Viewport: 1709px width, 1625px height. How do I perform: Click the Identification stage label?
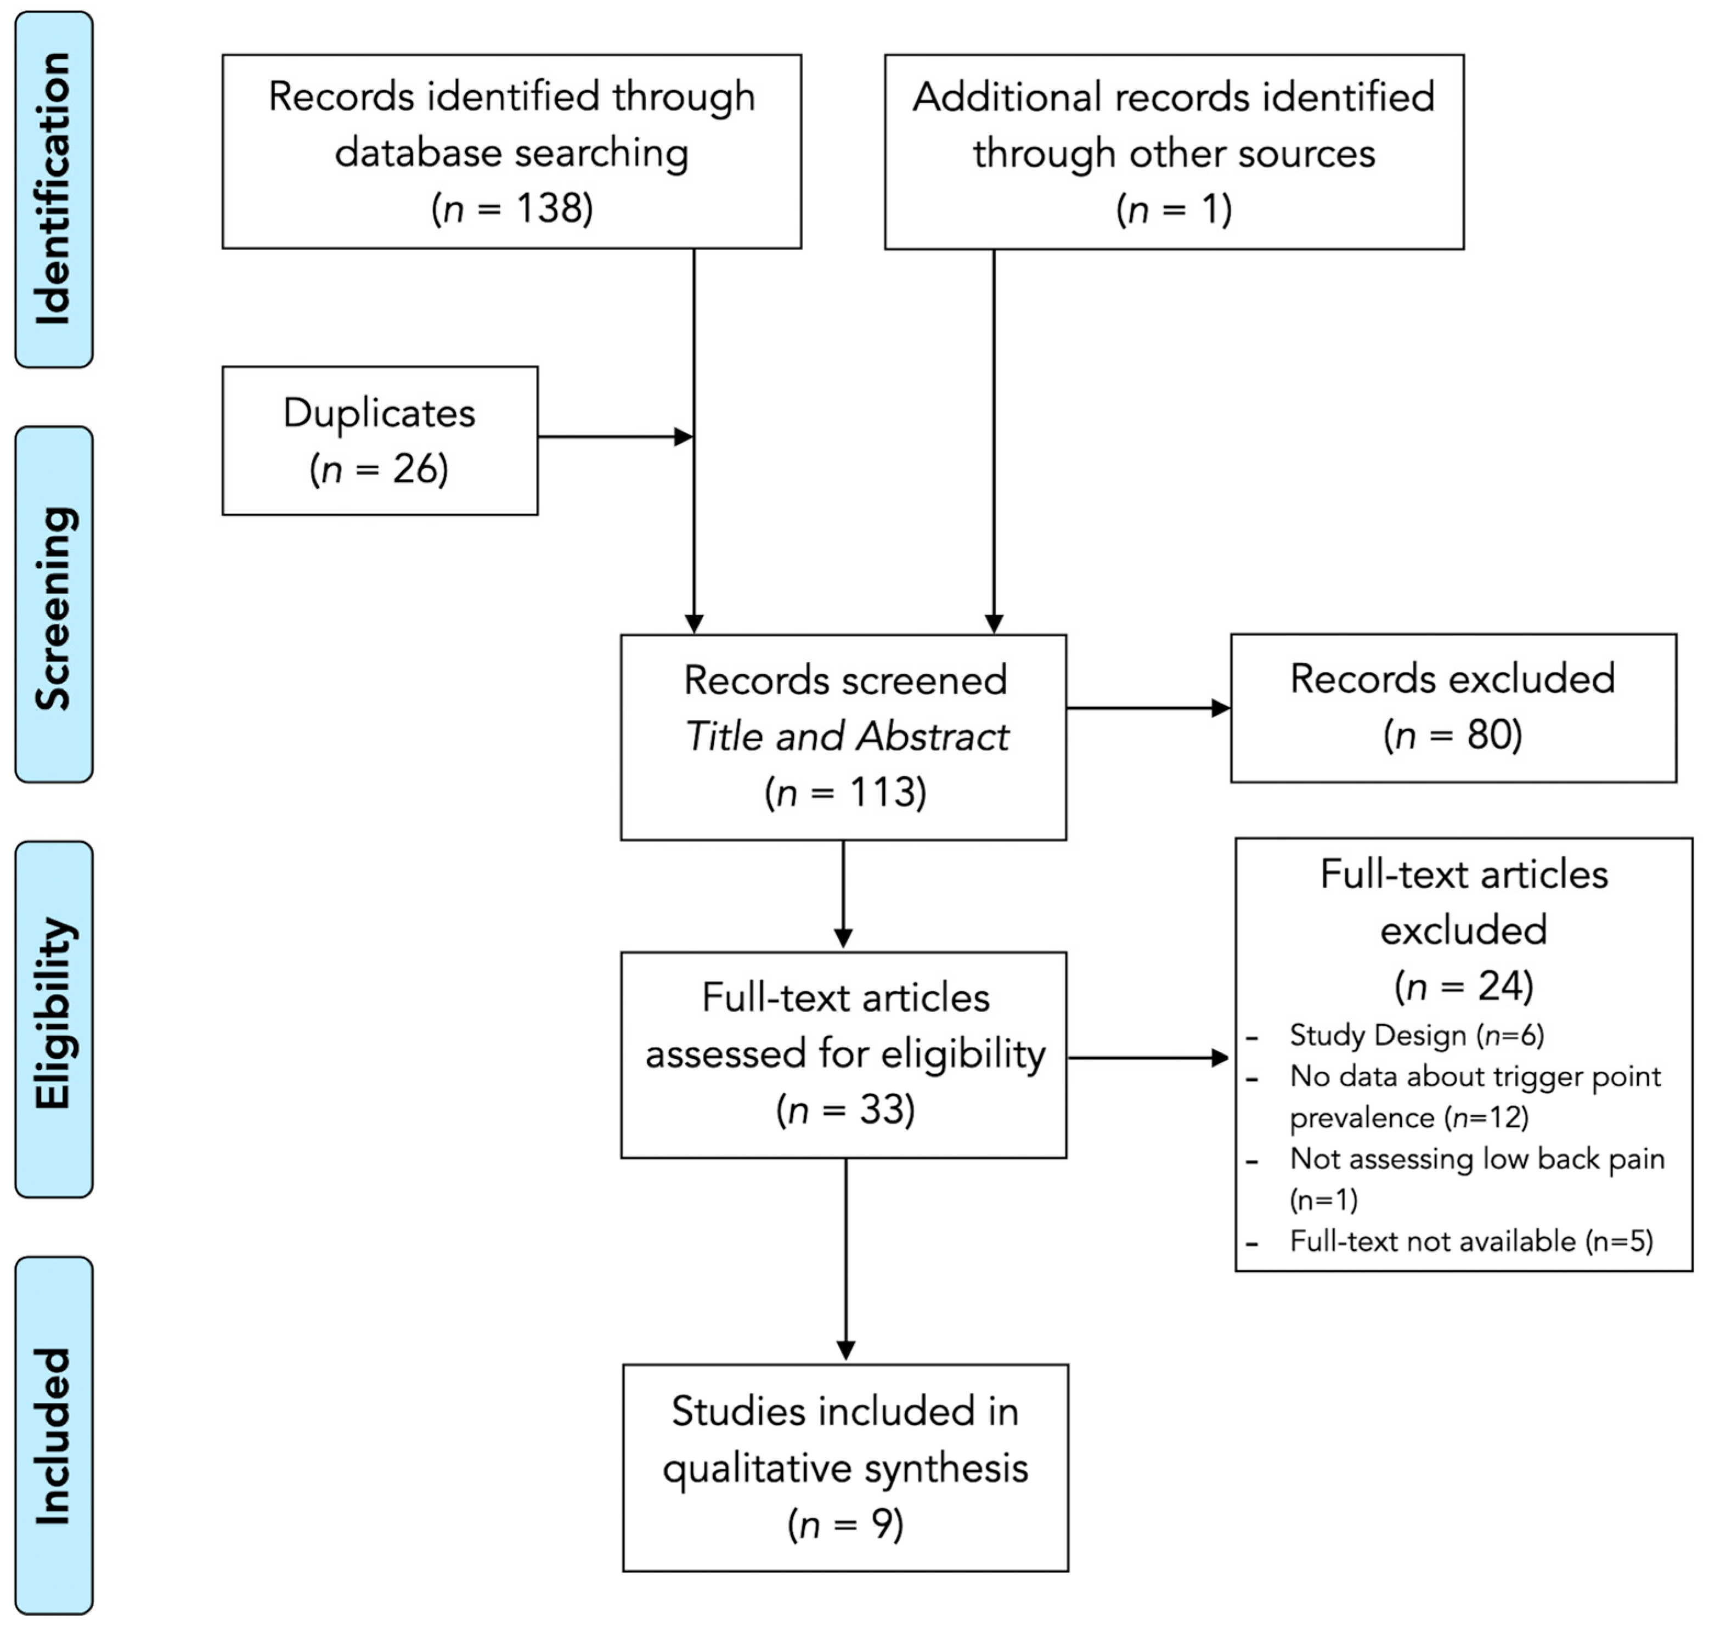(x=54, y=189)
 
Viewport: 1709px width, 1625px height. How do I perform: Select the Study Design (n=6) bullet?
(x=1415, y=1035)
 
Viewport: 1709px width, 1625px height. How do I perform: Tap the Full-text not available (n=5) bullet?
(x=1470, y=1242)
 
